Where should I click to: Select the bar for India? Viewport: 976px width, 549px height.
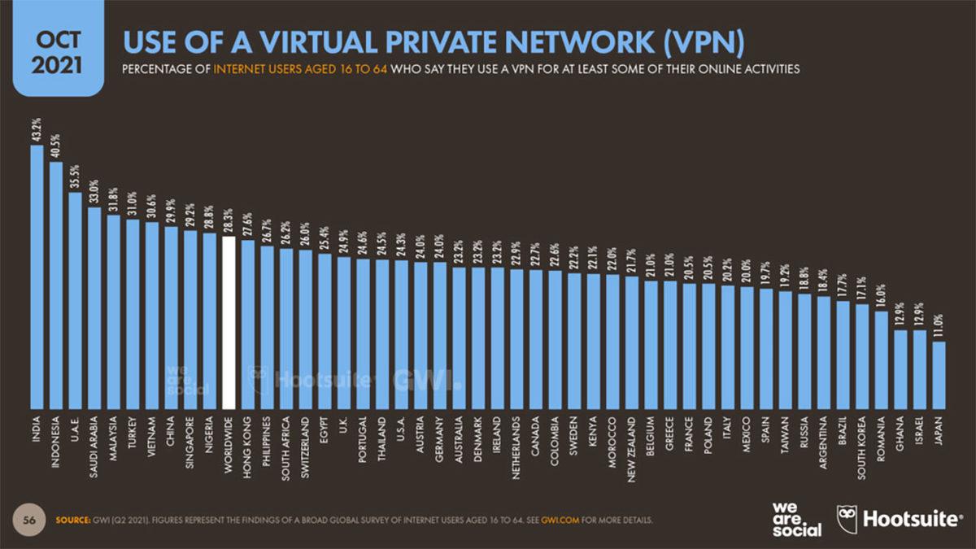tap(37, 277)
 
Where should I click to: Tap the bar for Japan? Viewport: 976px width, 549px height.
tap(939, 375)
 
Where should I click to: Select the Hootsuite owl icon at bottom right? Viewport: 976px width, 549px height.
tap(847, 519)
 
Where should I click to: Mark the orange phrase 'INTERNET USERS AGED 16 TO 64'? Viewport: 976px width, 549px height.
tap(302, 70)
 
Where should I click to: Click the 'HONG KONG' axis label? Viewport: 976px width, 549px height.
tap(248, 442)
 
